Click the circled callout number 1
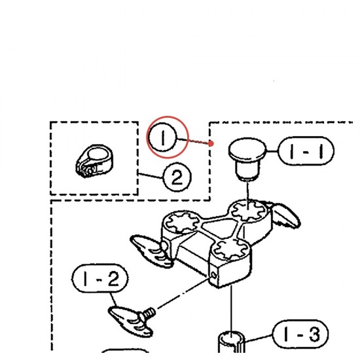pyautogui.click(x=162, y=137)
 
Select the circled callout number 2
pyautogui.click(x=177, y=177)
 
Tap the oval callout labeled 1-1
pyautogui.click(x=306, y=151)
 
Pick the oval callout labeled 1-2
pyautogui.click(x=100, y=278)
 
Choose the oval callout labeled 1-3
pyautogui.click(x=300, y=334)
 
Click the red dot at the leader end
pyautogui.click(x=211, y=143)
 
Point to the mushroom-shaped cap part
pyautogui.click(x=247, y=158)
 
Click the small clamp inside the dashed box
pyautogui.click(x=94, y=161)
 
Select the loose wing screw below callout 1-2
pyautogui.click(x=132, y=321)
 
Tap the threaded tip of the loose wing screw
pyautogui.click(x=149, y=313)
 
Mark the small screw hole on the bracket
pyautogui.click(x=214, y=275)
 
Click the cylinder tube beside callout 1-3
pyautogui.click(x=231, y=342)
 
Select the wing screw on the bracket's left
pyautogui.click(x=151, y=250)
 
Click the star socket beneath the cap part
pyautogui.click(x=248, y=211)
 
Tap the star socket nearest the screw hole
pyautogui.click(x=230, y=250)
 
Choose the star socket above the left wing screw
pyautogui.click(x=183, y=221)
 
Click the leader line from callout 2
pyautogui.click(x=151, y=175)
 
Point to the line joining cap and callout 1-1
pyautogui.click(x=272, y=151)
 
